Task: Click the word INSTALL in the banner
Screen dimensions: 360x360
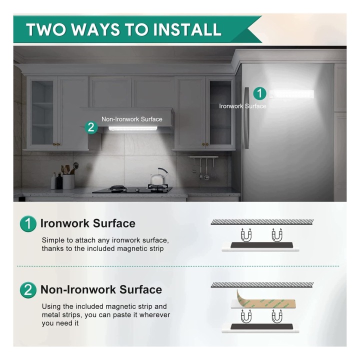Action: pos(187,29)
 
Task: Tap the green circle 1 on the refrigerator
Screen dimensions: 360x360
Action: pos(259,93)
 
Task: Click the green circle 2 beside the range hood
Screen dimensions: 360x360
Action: pos(91,127)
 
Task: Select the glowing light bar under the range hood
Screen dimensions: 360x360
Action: pos(132,128)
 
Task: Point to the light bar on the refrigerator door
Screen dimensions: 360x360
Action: pos(291,94)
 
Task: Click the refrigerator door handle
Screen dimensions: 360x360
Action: pos(246,118)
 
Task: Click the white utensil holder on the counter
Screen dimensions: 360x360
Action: pos(68,181)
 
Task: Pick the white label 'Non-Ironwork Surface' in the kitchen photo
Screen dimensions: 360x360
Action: pos(132,119)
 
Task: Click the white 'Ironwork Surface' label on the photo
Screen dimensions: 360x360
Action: pos(242,106)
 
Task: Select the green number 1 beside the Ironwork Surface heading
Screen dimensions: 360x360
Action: pos(28,223)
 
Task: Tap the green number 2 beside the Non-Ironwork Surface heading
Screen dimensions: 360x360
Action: pos(28,290)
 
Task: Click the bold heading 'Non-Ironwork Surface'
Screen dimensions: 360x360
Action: pos(101,289)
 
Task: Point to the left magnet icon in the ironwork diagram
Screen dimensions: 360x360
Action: pos(246,235)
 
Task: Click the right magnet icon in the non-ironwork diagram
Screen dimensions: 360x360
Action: pos(277,316)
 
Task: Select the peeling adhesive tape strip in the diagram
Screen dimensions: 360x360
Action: pos(264,301)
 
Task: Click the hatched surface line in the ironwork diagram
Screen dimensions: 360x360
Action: pos(262,222)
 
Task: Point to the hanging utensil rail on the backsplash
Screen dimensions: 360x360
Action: pos(203,157)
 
